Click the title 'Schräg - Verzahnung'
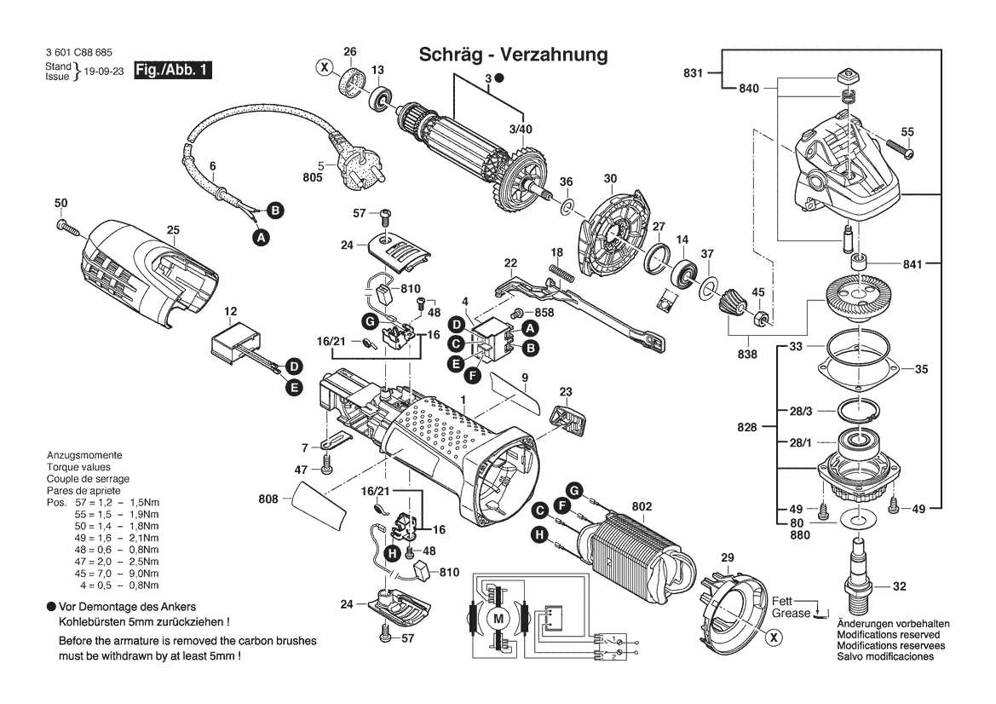(513, 55)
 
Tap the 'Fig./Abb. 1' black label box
(173, 72)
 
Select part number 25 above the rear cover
(173, 230)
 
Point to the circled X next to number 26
(324, 66)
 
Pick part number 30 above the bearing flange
(610, 179)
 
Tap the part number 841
(913, 265)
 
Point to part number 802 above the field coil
(642, 507)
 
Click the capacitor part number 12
(230, 312)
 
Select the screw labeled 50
(60, 203)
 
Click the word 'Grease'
(792, 613)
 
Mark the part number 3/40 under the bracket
(520, 129)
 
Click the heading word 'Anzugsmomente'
(84, 455)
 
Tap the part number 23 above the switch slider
(566, 392)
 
